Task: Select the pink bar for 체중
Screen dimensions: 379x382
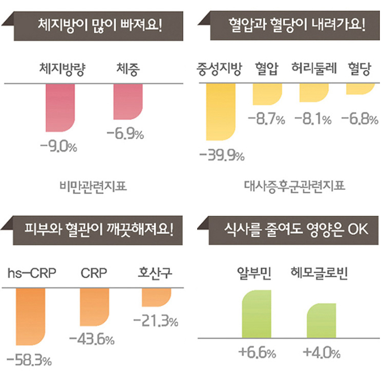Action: [x=128, y=101]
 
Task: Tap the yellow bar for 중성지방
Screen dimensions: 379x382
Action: [x=220, y=112]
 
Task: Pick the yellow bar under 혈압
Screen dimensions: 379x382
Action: [x=267, y=94]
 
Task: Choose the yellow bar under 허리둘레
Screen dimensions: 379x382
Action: [x=313, y=93]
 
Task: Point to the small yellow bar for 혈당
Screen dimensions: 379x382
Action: [x=360, y=88]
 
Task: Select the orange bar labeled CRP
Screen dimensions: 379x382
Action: [x=94, y=307]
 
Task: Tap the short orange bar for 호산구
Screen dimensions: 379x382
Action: [x=156, y=297]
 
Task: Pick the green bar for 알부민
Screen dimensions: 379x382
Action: [x=257, y=314]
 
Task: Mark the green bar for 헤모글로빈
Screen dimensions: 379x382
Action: [x=322, y=321]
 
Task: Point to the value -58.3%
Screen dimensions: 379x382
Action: [x=30, y=360]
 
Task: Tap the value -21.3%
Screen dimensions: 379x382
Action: [x=156, y=321]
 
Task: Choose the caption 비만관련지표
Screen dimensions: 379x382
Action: [x=93, y=186]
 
